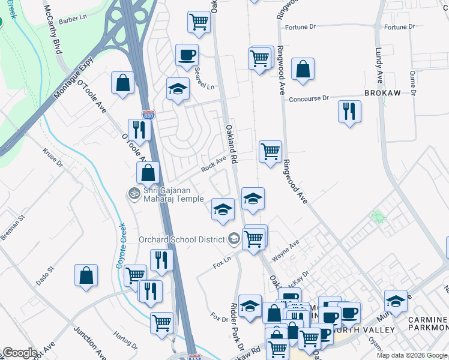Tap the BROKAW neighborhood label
click(382, 94)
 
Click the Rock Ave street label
click(214, 165)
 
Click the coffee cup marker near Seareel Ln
click(187, 55)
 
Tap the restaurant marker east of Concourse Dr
click(349, 111)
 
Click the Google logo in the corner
click(20, 353)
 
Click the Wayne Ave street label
click(285, 250)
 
